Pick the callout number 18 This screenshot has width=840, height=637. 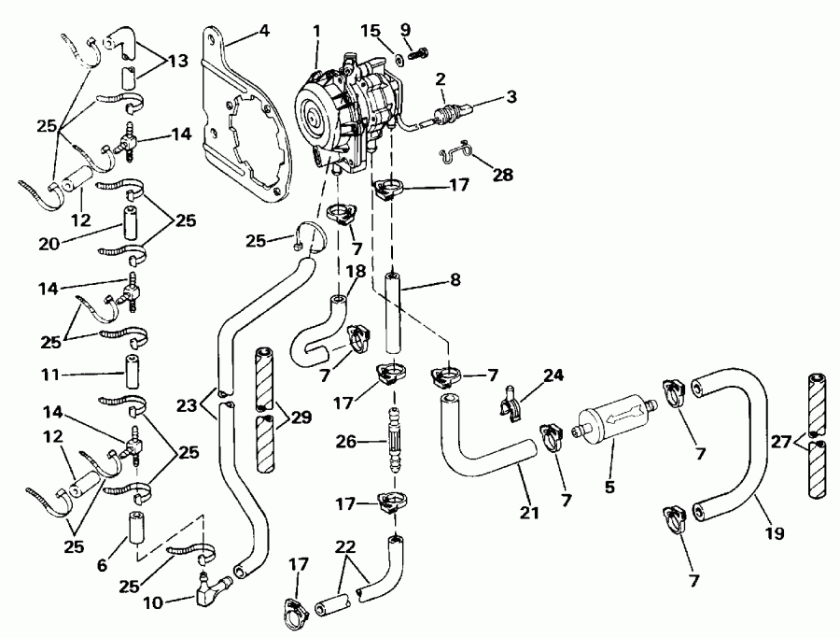[357, 271]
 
